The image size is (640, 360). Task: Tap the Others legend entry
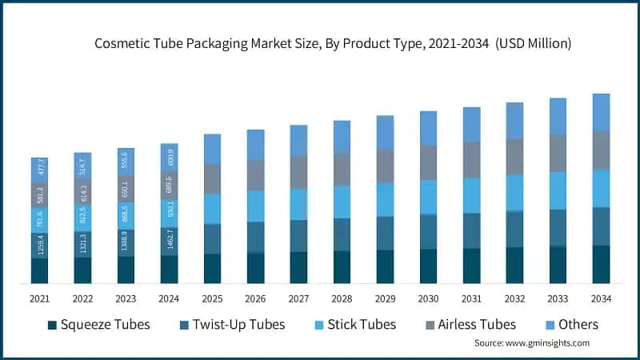578,325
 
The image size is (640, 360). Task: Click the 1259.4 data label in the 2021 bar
39,246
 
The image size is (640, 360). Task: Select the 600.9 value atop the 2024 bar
169,157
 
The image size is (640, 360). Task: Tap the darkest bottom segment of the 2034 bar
601,264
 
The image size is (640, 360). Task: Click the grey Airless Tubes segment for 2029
385,166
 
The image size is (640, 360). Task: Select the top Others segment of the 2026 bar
255,144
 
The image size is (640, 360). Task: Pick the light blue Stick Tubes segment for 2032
514,192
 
